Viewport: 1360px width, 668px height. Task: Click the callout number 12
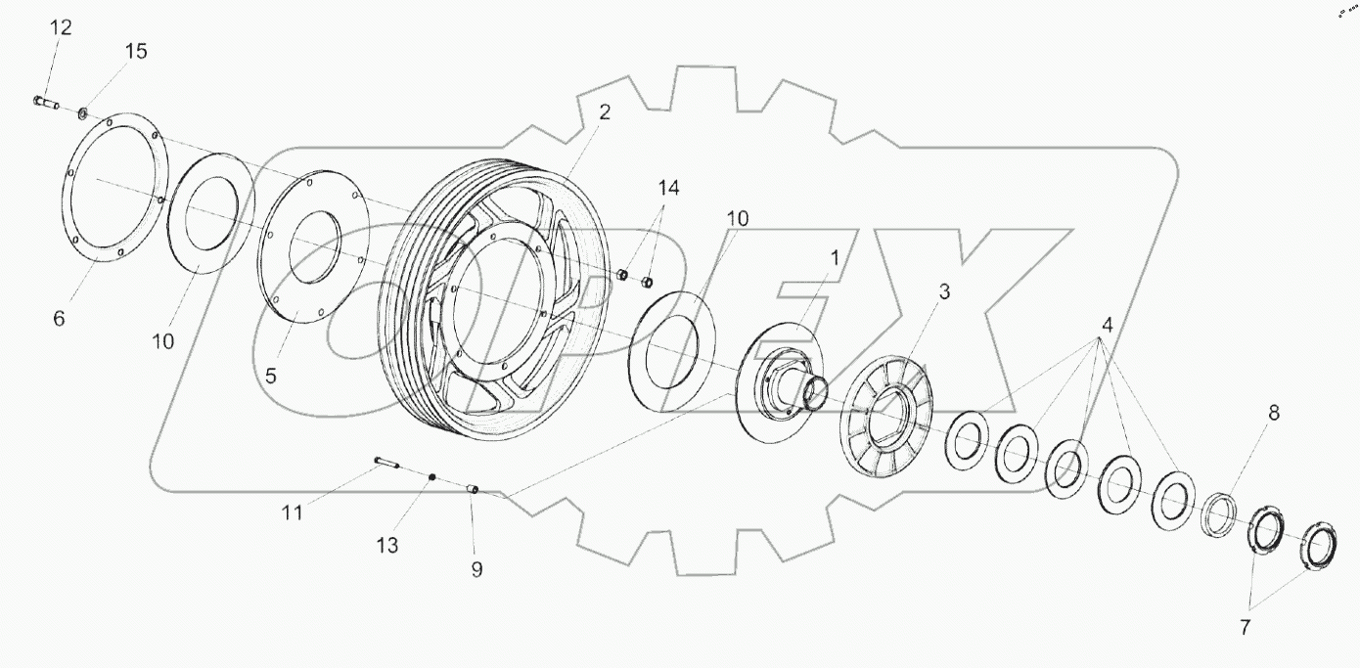click(61, 28)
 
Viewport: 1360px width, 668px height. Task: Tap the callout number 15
click(136, 52)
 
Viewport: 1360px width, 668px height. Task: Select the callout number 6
click(59, 319)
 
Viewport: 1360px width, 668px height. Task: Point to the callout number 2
click(604, 112)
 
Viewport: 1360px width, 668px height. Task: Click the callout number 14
click(666, 187)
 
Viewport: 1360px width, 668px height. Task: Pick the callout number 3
click(943, 291)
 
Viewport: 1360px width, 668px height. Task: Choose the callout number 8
click(1273, 413)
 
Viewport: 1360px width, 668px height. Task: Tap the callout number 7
click(1245, 628)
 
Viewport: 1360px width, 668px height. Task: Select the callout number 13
click(387, 546)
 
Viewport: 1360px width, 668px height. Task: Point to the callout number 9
click(476, 569)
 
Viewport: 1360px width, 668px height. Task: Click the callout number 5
click(271, 375)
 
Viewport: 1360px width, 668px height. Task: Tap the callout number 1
click(835, 257)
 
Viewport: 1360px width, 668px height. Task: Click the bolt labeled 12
click(46, 101)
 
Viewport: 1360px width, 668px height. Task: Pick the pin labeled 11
click(385, 462)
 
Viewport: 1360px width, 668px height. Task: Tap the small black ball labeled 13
click(431, 476)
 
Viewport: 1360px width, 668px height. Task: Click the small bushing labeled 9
click(471, 488)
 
